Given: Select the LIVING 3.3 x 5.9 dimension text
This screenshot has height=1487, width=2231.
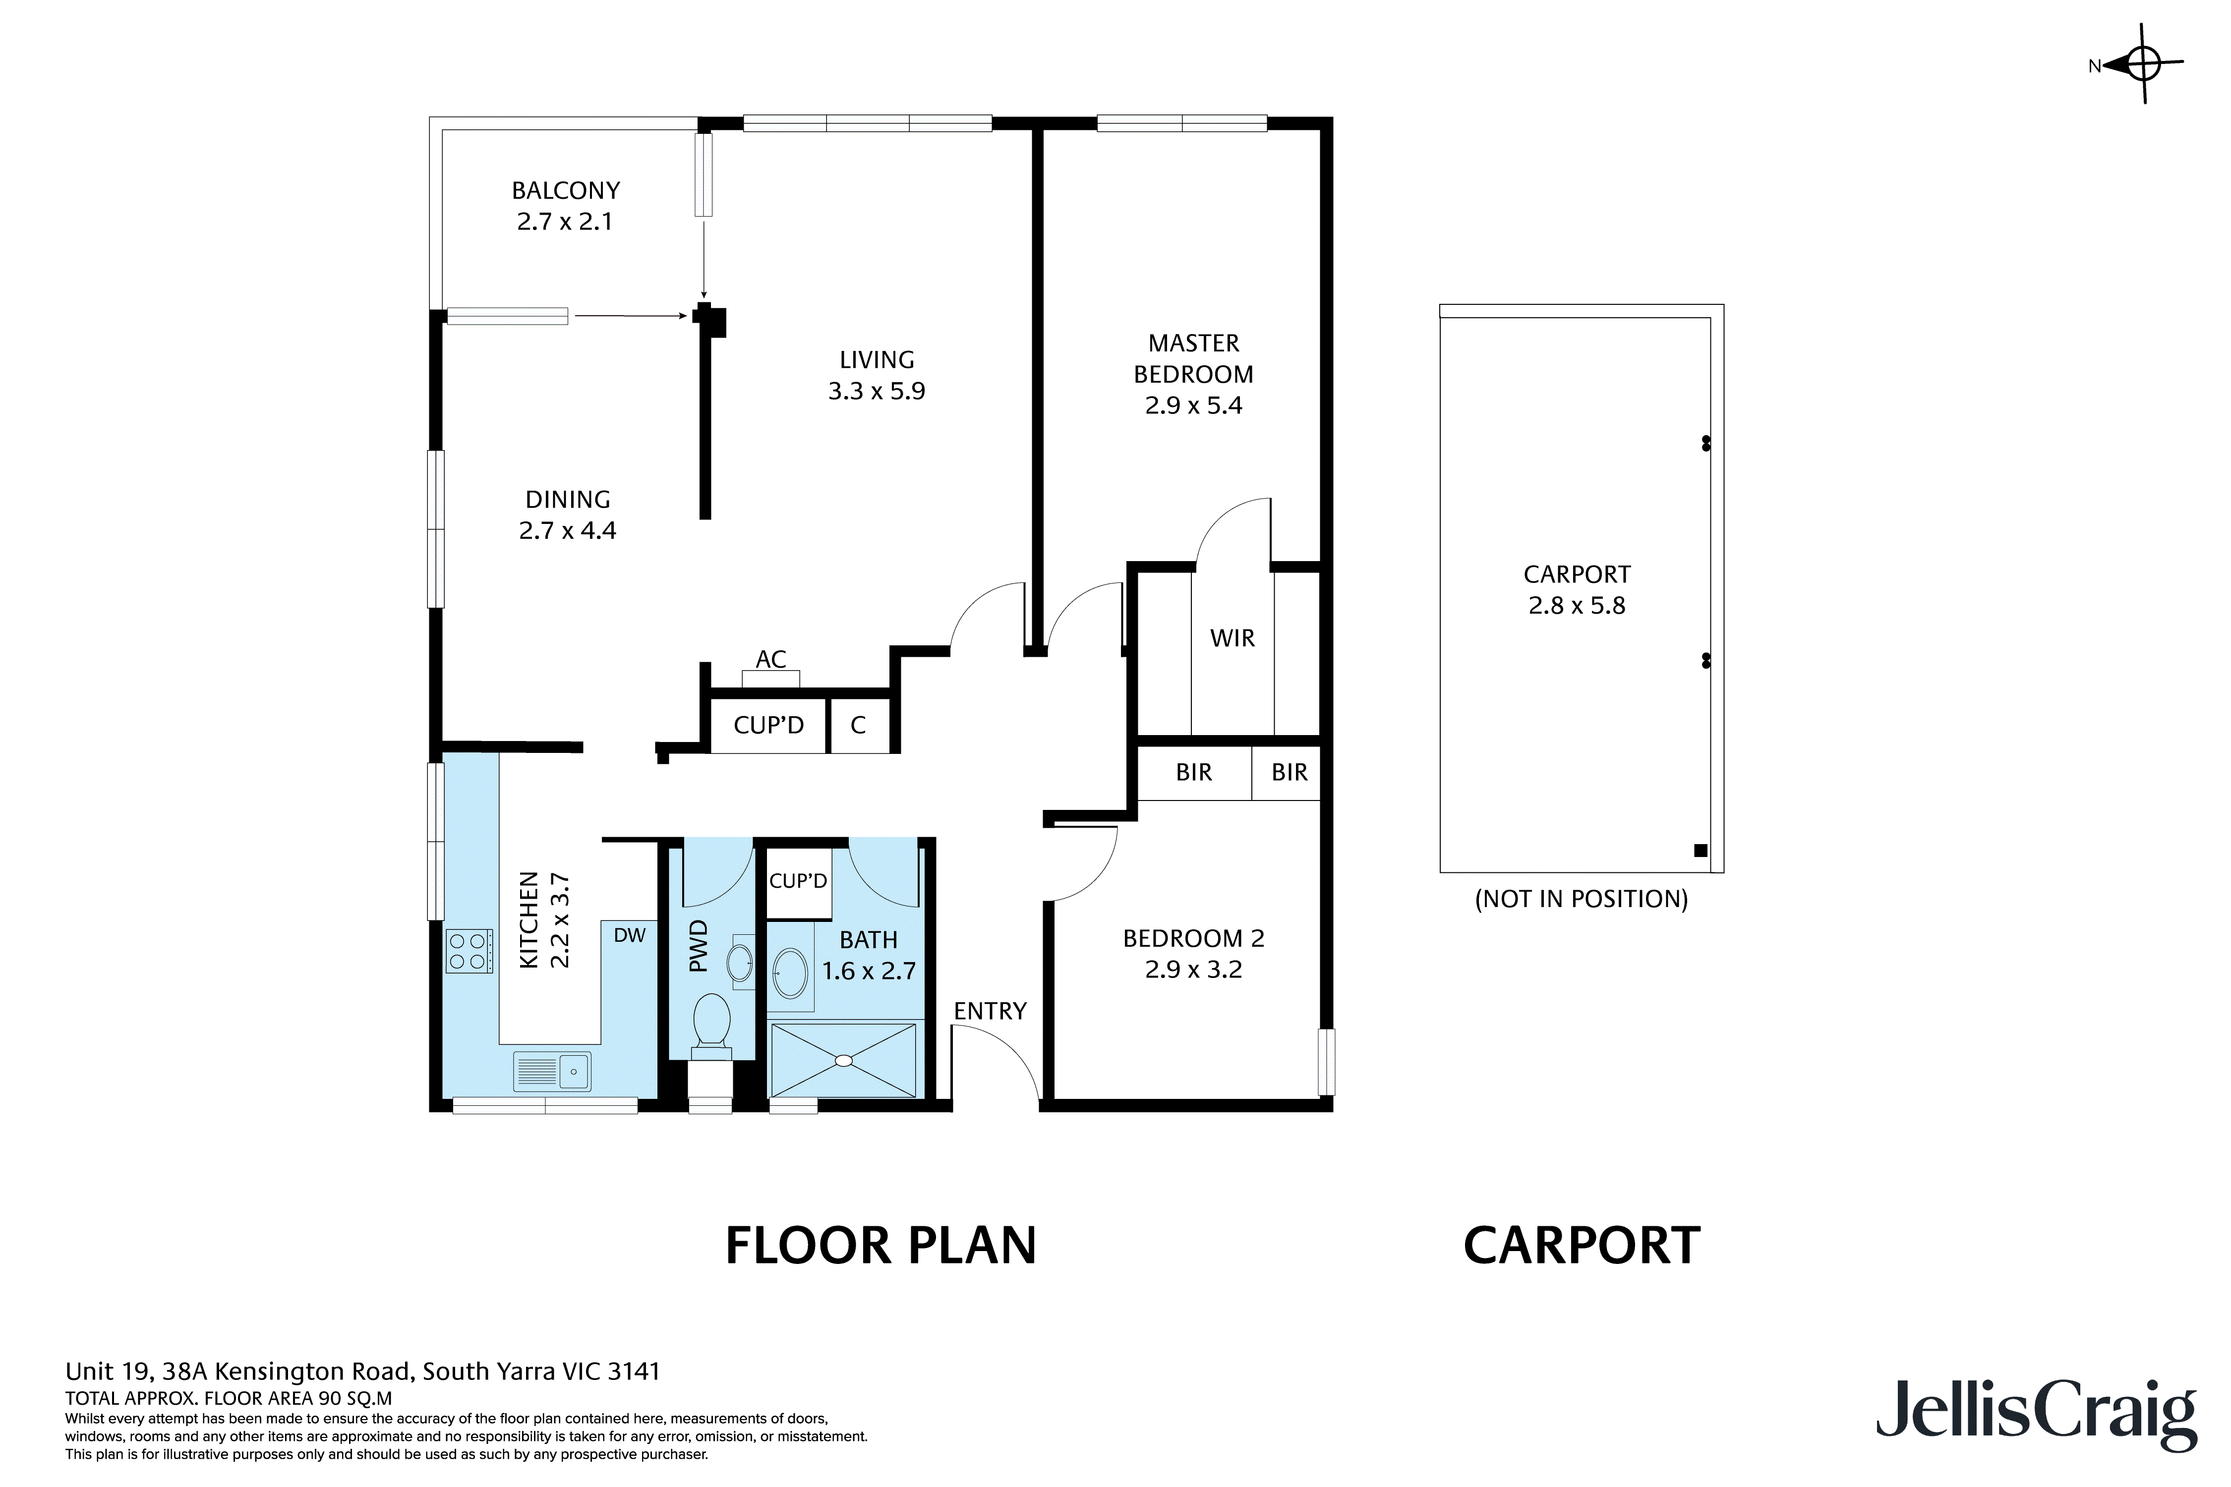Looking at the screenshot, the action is [877, 391].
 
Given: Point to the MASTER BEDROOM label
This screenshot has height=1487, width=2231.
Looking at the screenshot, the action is [1193, 358].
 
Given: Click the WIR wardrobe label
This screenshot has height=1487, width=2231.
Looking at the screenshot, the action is [1232, 638].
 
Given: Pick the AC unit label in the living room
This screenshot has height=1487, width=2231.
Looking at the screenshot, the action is [771, 659].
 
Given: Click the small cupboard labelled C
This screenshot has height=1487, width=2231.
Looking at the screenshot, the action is [859, 726].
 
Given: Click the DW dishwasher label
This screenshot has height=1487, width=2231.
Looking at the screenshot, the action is [629, 935].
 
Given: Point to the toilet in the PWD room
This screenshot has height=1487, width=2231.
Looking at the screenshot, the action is [711, 1026].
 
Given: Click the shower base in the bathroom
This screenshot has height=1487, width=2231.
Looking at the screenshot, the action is [843, 1059].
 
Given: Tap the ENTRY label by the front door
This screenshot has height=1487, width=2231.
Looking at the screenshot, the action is [990, 1011].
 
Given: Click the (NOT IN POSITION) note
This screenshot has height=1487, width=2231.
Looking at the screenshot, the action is [1581, 899].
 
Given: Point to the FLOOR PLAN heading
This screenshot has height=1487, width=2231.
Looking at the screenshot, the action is [881, 1246].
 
